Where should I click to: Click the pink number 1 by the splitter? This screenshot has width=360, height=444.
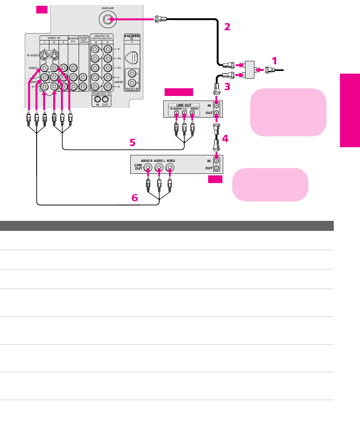point(274,61)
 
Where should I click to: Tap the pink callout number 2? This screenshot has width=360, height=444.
point(227,27)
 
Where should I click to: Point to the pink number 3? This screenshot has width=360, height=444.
point(227,87)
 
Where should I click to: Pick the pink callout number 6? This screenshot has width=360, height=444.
point(135,198)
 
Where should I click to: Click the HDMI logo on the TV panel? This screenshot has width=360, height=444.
point(132,37)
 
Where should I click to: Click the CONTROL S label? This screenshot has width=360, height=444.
point(101,94)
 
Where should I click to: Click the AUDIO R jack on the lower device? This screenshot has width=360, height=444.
point(148,167)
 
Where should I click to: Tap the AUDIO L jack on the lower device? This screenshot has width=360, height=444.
point(159,167)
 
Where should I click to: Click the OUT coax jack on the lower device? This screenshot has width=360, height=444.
point(217,168)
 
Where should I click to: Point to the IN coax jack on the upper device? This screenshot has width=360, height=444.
point(217,105)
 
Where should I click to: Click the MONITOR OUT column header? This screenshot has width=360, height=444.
point(73,39)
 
